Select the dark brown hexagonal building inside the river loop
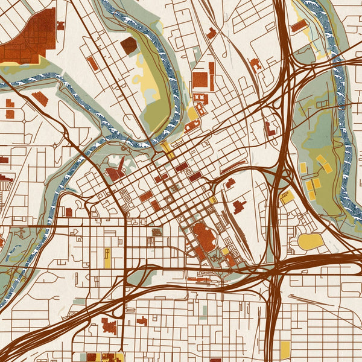(128, 45)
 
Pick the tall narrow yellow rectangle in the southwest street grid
(107, 258)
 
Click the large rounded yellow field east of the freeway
(311, 241)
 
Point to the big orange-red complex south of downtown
(203, 237)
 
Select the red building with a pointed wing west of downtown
(116, 172)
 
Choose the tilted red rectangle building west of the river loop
(92, 63)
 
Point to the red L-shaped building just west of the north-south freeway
(239, 206)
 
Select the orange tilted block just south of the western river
(40, 98)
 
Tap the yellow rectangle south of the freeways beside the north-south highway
(285, 349)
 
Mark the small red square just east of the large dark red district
(60, 25)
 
